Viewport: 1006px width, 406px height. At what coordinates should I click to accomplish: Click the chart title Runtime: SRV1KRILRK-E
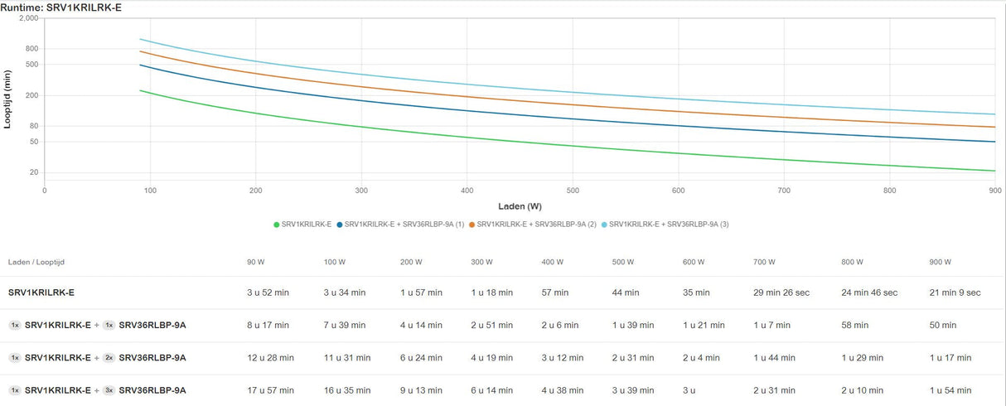(55, 7)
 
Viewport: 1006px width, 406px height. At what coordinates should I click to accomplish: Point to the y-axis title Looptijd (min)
(8, 99)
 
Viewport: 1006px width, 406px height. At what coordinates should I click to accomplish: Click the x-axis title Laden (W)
(520, 205)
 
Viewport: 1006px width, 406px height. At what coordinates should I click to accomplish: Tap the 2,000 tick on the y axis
(29, 17)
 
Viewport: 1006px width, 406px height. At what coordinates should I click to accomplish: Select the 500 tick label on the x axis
(573, 190)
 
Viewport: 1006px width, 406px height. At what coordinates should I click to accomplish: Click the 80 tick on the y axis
(34, 126)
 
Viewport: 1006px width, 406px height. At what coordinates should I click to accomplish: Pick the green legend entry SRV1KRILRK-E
(302, 225)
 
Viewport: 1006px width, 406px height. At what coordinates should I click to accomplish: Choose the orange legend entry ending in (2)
(532, 225)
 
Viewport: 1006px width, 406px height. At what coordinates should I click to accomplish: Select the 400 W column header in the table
(553, 262)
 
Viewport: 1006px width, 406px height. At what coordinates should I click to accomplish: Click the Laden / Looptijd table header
(36, 262)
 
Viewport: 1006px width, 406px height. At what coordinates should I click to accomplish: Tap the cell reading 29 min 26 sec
(783, 292)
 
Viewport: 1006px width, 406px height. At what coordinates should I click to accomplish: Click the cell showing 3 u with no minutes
(689, 390)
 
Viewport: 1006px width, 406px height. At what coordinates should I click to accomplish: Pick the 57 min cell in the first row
(555, 292)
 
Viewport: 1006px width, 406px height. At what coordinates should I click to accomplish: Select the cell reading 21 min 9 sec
(955, 292)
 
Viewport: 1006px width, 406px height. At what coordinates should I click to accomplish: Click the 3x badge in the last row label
(109, 390)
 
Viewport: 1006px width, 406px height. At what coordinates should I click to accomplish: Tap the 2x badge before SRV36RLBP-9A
(109, 358)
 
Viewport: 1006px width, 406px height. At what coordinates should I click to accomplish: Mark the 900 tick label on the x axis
(994, 190)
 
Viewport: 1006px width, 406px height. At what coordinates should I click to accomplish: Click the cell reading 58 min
(855, 325)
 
